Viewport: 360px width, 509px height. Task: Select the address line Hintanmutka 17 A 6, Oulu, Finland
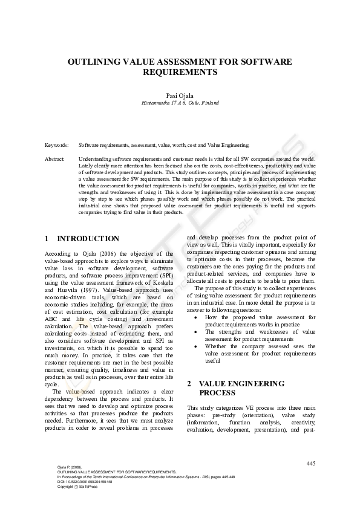tap(180, 103)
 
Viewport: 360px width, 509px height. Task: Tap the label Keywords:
tap(56, 146)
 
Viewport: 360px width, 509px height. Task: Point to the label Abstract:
tap(55, 158)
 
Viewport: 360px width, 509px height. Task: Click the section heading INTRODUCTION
tap(88, 239)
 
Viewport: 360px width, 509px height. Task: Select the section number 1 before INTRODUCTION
tap(47, 239)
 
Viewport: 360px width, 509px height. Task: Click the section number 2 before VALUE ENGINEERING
tap(189, 384)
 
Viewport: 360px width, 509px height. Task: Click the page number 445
tap(311, 463)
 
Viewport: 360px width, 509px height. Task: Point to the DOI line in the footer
tap(85, 482)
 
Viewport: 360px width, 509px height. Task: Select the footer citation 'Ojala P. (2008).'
tap(68, 467)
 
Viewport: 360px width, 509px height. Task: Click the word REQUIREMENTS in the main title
tap(180, 72)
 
